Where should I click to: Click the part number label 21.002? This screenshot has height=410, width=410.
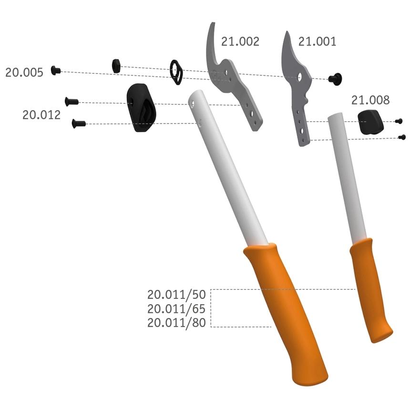tap(240, 41)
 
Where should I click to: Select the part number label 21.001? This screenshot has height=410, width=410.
tap(317, 41)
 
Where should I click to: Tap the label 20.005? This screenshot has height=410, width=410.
tap(24, 72)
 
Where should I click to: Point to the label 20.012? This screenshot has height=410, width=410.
tap(41, 115)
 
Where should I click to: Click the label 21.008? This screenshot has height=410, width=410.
tap(370, 100)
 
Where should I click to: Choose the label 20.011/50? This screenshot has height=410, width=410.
tap(176, 295)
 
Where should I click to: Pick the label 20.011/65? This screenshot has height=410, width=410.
tap(176, 309)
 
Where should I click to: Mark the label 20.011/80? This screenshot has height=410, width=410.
tap(176, 323)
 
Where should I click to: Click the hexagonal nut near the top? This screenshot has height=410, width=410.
tap(116, 66)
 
